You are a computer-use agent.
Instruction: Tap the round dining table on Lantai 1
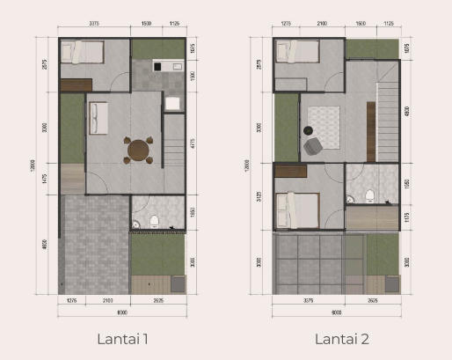(x=139, y=150)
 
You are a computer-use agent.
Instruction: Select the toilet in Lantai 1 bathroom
(x=154, y=217)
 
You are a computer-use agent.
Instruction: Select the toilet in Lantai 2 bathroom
(x=369, y=195)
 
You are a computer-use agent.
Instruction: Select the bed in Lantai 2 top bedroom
(x=298, y=52)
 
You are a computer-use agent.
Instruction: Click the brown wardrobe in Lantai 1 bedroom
(x=76, y=84)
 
